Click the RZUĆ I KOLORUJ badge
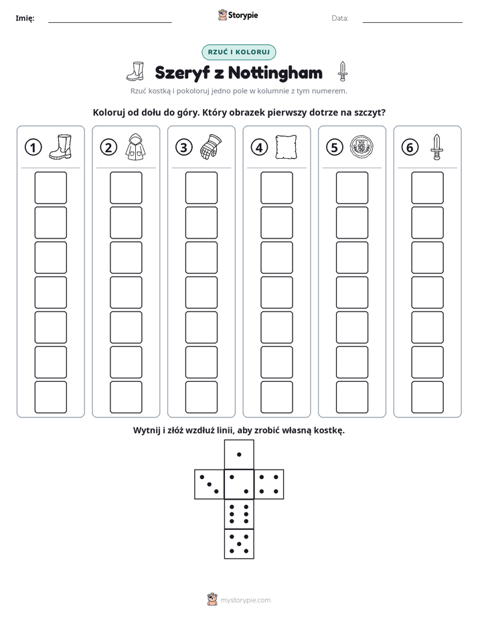tap(238, 52)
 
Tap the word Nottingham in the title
tap(275, 73)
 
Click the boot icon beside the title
tap(135, 72)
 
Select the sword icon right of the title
tap(343, 72)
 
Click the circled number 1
tap(33, 147)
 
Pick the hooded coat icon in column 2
tap(136, 147)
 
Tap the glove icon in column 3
tap(211, 147)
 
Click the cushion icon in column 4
tap(286, 147)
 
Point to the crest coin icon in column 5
tap(362, 147)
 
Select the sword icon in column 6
tap(436, 147)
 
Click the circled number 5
tap(335, 147)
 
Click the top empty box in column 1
tap(50, 188)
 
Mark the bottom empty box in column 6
tap(428, 397)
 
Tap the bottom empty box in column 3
tap(201, 397)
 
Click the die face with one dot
tap(239, 454)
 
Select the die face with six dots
tap(239, 514)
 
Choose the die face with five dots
tap(239, 543)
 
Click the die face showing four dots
tap(269, 484)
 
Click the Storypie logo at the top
tap(238, 15)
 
